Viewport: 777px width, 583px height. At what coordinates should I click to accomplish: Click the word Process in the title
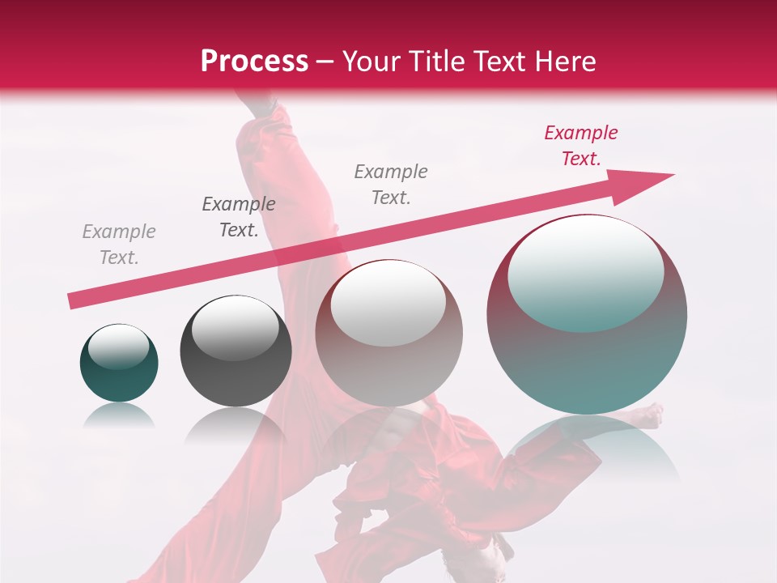[x=254, y=61]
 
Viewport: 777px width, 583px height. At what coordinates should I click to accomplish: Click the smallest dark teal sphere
[x=119, y=362]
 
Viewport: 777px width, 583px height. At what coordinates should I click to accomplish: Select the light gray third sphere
[x=388, y=333]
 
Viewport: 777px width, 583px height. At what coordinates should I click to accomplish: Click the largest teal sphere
[x=587, y=314]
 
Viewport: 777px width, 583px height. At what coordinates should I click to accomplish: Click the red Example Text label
[x=580, y=146]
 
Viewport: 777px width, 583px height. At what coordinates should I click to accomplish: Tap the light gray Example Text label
[x=119, y=245]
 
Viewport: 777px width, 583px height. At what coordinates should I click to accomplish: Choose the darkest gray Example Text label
[x=239, y=217]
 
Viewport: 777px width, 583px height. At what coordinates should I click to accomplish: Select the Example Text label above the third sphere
[x=391, y=185]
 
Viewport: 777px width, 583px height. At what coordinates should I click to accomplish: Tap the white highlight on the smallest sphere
[x=118, y=347]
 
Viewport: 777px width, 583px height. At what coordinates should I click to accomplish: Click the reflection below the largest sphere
[x=595, y=445]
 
